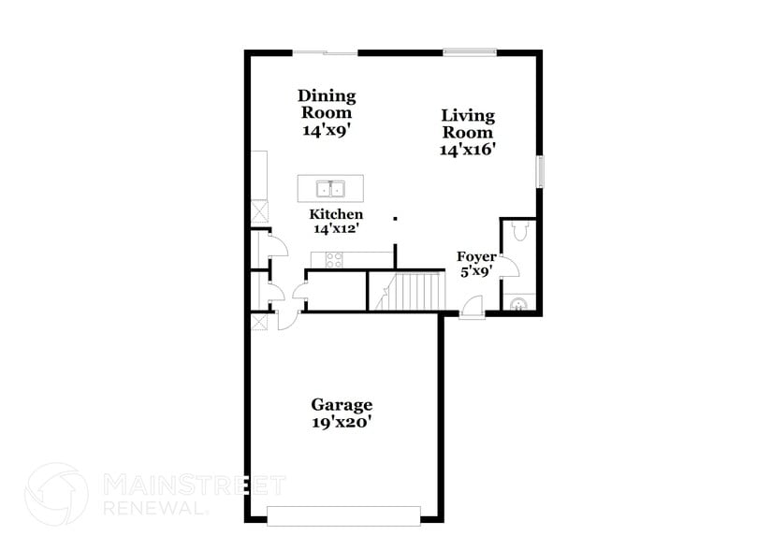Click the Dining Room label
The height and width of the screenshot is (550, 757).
click(x=327, y=104)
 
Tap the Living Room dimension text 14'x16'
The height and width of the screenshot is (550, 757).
click(x=467, y=149)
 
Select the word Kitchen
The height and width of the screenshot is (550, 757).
click(x=336, y=214)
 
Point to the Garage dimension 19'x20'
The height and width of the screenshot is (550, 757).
click(x=342, y=422)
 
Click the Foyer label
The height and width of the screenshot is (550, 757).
click(x=475, y=256)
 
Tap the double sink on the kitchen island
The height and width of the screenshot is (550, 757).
click(x=329, y=189)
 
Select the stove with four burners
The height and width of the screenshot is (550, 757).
click(x=333, y=259)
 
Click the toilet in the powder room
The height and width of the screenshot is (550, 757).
click(x=521, y=232)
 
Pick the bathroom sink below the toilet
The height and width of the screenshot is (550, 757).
click(x=519, y=302)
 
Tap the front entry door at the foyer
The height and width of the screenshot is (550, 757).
click(x=473, y=308)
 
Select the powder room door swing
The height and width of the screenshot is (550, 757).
click(x=510, y=268)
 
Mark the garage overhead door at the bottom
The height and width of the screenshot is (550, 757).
click(x=343, y=515)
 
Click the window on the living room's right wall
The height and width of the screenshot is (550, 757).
click(x=539, y=170)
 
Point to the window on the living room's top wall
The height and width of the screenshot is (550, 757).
click(x=470, y=53)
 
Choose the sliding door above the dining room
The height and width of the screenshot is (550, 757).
click(x=325, y=53)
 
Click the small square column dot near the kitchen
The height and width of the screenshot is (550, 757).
click(x=395, y=219)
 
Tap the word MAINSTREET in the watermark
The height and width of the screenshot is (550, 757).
click(x=194, y=485)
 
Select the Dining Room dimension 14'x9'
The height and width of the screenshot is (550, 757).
click(x=327, y=131)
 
